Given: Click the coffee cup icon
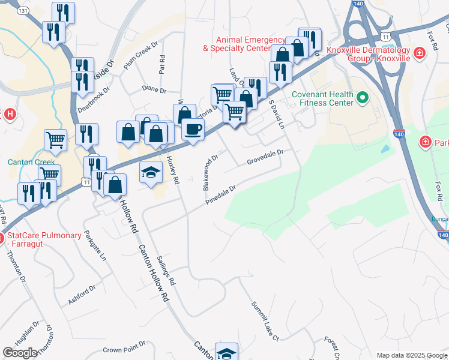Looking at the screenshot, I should (193, 130).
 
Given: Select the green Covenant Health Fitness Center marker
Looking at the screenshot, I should (362, 97).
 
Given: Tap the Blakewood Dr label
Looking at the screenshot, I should (209, 173).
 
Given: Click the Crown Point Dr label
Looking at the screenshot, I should (124, 349).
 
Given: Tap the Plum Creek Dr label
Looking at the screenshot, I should (140, 56).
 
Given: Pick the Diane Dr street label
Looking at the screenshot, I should (154, 90).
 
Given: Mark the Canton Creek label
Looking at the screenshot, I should (31, 162).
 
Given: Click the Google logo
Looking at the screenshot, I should (20, 352).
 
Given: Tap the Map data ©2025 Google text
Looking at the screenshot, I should (411, 355).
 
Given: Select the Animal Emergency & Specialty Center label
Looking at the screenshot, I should (237, 44).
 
